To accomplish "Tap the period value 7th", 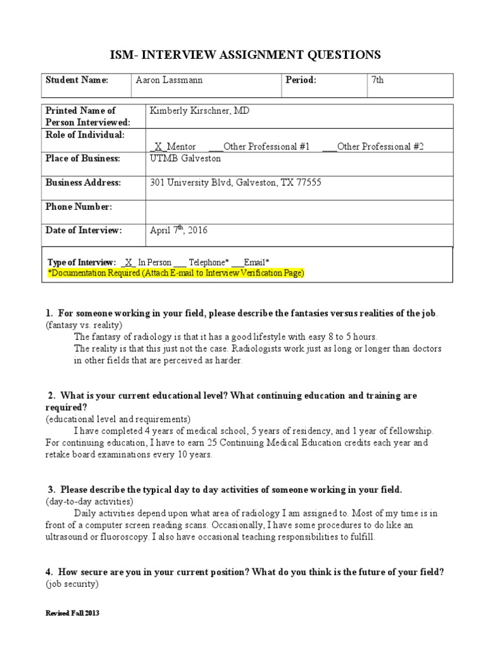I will click(378, 80).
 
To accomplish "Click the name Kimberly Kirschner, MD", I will click(199, 111).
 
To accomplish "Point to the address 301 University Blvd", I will click(235, 183).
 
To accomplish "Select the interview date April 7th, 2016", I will click(178, 231).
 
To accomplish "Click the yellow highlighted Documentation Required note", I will click(177, 272).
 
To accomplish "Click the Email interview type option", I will click(251, 262).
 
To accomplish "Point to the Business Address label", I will click(83, 183).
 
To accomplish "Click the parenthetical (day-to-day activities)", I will click(89, 501).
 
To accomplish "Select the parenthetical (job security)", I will click(72, 584).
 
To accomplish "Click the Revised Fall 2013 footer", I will click(72, 614).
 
